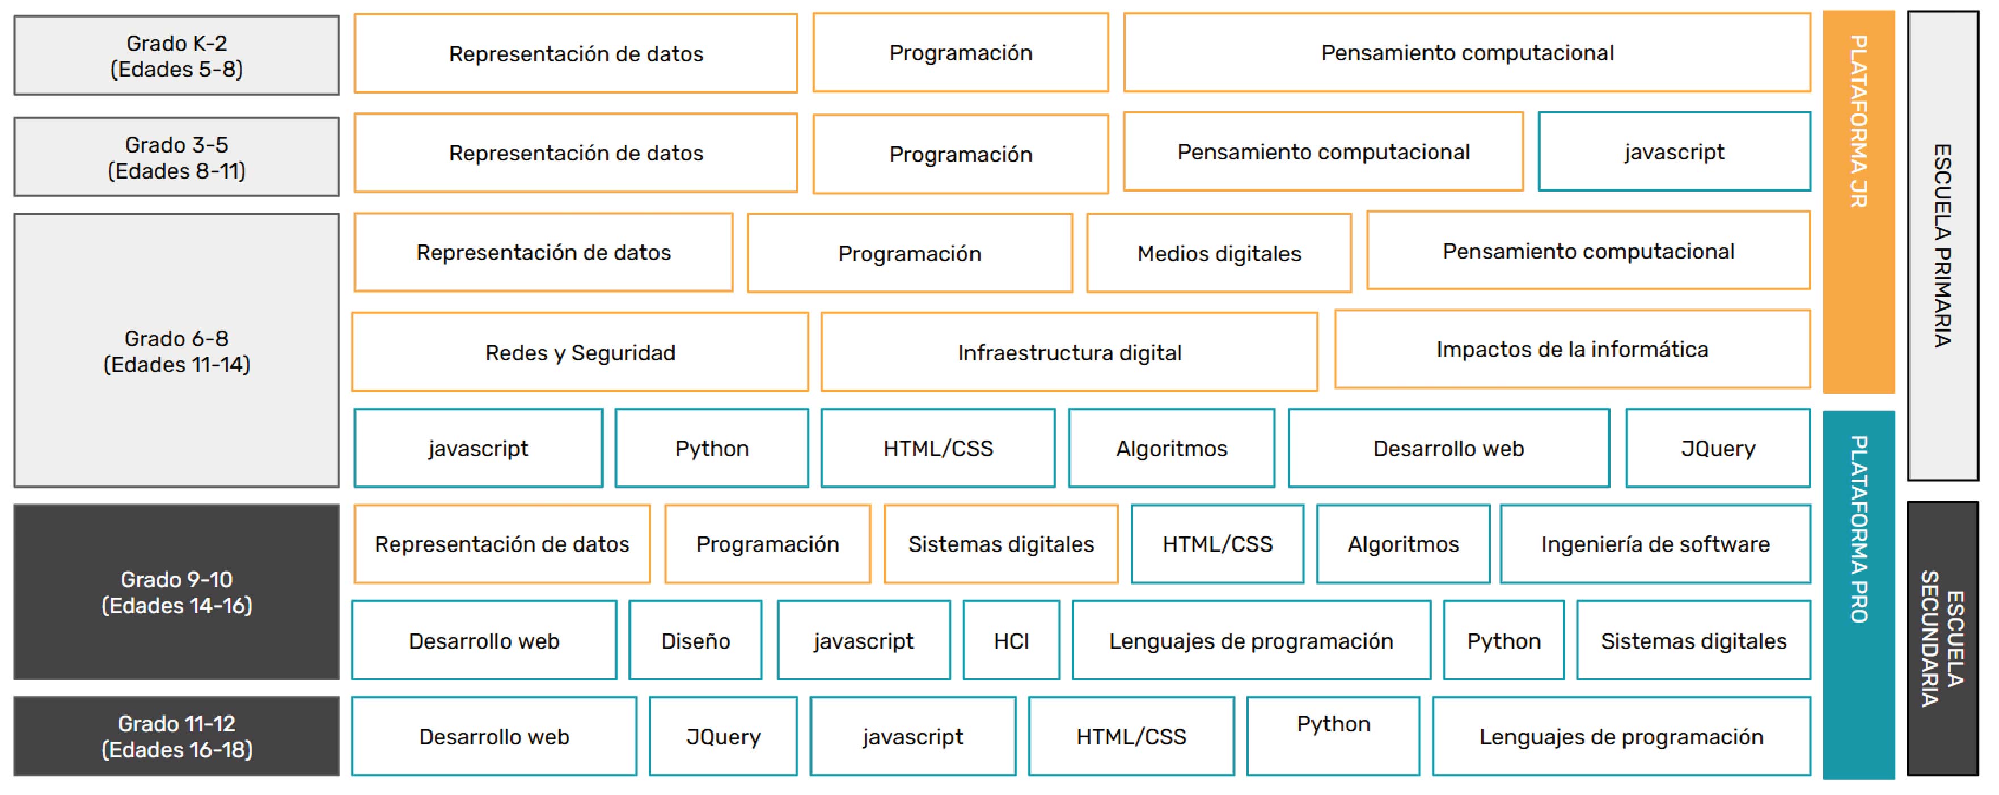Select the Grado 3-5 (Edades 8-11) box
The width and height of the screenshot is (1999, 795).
[176, 157]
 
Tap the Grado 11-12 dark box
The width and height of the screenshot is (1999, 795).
[176, 736]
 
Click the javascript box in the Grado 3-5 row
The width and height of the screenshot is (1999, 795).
[1675, 152]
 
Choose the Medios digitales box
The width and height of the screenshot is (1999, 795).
[1219, 253]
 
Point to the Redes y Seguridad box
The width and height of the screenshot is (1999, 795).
[581, 352]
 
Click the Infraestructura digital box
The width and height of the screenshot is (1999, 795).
[1070, 352]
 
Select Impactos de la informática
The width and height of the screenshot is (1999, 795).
[1572, 349]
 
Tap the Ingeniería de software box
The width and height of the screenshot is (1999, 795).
[1655, 544]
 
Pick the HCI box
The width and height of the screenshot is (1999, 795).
[1011, 641]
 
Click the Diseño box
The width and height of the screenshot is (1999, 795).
[695, 641]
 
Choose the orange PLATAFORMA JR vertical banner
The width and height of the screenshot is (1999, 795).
[1858, 202]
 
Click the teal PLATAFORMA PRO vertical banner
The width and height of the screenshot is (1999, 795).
[1858, 595]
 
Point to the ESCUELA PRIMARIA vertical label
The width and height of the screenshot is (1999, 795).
[1942, 246]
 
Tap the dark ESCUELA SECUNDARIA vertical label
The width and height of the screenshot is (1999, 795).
[1942, 638]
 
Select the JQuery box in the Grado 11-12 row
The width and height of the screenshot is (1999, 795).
[723, 736]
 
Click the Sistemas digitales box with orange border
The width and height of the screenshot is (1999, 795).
[1001, 544]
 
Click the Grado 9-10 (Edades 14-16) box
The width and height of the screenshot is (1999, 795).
[176, 592]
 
